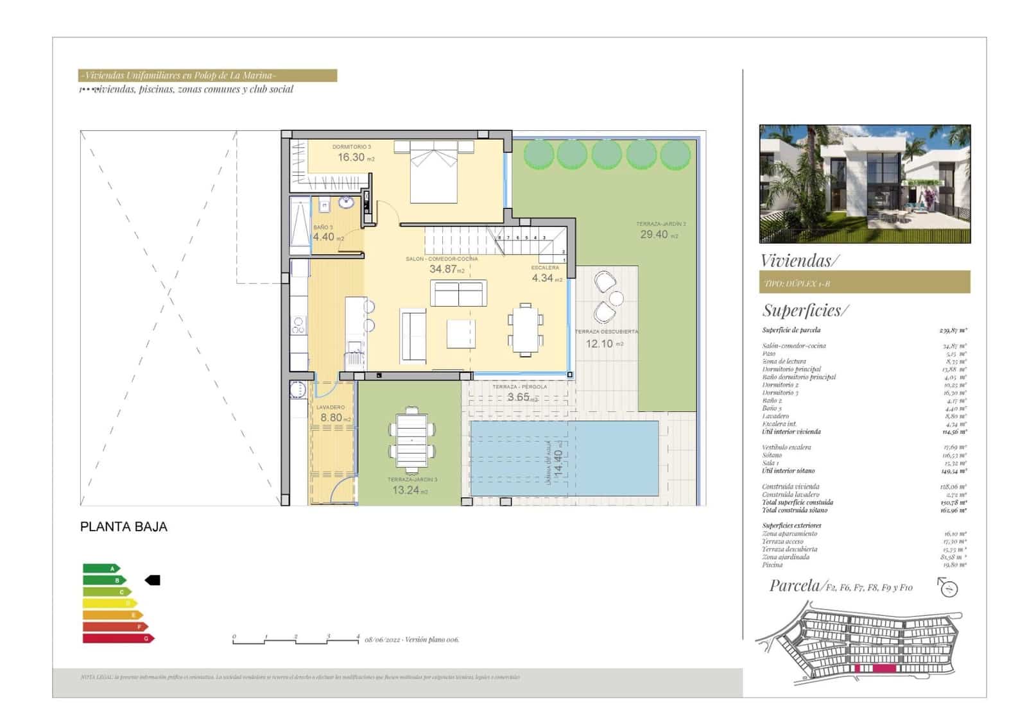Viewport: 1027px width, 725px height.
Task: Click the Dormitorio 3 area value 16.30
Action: [351, 157]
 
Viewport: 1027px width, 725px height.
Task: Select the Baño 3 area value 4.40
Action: [324, 237]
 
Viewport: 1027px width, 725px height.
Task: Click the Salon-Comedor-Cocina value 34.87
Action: [443, 269]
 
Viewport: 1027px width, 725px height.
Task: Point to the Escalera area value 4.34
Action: [542, 278]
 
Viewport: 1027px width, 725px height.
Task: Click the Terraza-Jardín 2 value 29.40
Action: [654, 235]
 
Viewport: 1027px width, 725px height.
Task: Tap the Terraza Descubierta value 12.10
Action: [599, 344]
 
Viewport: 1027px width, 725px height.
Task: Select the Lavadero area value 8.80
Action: [331, 418]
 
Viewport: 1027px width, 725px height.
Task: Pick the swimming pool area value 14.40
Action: [558, 461]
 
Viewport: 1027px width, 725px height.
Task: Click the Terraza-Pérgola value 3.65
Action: [519, 397]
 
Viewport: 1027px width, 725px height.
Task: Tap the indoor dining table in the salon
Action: [526, 329]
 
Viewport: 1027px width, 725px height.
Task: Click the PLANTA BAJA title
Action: [124, 527]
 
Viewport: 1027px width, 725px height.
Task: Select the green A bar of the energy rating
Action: [100, 568]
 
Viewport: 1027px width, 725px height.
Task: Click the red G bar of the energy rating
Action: [117, 638]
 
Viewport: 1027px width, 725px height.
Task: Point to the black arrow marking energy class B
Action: [153, 580]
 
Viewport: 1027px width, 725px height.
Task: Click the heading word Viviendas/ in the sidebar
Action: [799, 260]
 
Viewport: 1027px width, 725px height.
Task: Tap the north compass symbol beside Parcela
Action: [948, 587]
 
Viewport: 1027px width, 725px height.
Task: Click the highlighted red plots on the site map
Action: [874, 669]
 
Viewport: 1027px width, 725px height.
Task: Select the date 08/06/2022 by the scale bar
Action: [382, 640]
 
